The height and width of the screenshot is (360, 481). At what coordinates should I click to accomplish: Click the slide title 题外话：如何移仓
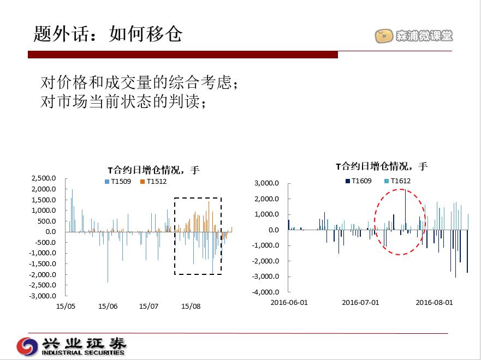108,33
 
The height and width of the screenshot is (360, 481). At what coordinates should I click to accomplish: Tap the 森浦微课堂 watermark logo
413,36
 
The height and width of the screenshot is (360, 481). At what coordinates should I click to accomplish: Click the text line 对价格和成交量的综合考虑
139,82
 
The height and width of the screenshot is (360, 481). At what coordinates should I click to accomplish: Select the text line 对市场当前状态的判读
123,101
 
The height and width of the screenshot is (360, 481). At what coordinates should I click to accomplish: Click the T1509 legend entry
118,182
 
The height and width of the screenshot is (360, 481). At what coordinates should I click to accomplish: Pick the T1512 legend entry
153,182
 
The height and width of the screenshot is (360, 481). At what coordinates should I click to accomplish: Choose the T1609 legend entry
358,181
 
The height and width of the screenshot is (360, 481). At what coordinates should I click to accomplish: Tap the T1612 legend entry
397,181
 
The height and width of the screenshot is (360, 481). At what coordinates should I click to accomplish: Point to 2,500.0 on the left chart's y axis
44,178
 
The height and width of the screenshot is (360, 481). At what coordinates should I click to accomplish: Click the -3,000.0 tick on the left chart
43,296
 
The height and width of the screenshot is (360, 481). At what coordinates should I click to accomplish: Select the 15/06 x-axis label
108,306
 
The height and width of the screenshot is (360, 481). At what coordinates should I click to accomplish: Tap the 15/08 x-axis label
191,306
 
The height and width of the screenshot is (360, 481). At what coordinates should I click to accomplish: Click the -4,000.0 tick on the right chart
265,292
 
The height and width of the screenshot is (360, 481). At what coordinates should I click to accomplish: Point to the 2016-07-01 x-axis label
360,302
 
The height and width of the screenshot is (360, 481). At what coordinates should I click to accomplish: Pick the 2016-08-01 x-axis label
434,302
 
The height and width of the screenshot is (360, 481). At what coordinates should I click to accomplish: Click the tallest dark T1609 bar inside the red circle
405,209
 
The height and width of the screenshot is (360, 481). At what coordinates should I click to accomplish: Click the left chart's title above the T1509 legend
153,170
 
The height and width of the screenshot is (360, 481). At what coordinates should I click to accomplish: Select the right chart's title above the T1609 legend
382,166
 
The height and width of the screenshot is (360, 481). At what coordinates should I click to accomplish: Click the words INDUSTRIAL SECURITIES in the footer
83,352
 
